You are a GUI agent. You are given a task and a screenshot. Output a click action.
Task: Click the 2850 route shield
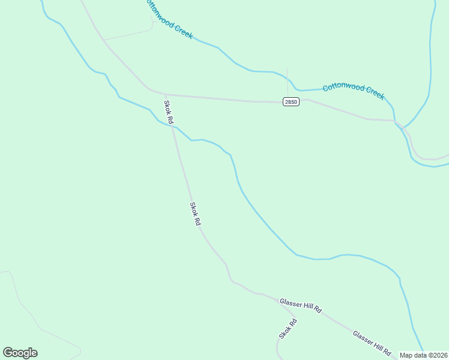[291, 102]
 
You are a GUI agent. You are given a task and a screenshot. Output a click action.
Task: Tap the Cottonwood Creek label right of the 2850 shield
[353, 91]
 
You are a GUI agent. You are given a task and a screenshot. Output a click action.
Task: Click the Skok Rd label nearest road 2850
[169, 112]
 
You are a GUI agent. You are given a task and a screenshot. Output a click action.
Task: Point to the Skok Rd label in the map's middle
[195, 214]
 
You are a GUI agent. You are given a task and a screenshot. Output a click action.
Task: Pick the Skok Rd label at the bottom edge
[288, 328]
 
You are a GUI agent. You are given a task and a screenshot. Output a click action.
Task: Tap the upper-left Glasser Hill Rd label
[301, 305]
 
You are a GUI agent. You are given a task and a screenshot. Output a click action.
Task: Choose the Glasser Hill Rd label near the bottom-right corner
[372, 341]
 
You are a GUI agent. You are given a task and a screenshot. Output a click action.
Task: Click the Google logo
[20, 353]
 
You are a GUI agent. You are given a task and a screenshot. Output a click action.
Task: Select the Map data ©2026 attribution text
[423, 355]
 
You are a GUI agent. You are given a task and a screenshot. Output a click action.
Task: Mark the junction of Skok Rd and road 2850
[166, 94]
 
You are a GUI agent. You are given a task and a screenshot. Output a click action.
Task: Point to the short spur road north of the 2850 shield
[287, 78]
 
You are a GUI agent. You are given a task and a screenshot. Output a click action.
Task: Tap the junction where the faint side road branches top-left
[104, 40]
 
